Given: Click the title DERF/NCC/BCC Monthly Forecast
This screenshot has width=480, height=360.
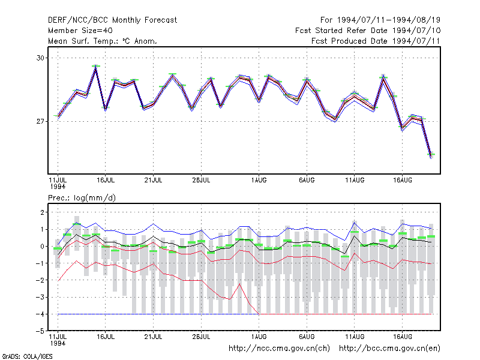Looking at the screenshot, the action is [112, 20].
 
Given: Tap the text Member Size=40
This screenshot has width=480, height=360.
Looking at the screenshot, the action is [80, 31].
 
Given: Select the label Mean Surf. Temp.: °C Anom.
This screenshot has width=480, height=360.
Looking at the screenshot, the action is [103, 41].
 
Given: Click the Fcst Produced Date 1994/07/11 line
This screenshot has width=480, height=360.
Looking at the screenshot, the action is [376, 41].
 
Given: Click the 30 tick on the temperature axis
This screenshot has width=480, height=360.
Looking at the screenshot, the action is [40, 58].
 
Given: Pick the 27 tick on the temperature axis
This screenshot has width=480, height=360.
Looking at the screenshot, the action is [40, 122].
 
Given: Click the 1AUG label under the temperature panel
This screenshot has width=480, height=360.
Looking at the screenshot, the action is [259, 180].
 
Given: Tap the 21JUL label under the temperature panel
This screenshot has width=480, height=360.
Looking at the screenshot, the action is [154, 180].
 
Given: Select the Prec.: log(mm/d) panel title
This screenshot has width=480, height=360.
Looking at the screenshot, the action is [82, 198].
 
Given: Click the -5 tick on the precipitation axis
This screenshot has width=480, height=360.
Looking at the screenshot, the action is [40, 331].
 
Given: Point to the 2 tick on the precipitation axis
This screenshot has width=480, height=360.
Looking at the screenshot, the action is [42, 212].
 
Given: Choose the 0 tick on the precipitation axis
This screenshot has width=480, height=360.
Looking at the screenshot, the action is [42, 246].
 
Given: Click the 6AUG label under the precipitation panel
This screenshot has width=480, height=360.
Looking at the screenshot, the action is [307, 337].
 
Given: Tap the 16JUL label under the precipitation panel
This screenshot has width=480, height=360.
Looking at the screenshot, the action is [106, 337].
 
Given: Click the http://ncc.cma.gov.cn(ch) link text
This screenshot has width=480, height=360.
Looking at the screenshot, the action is [280, 349].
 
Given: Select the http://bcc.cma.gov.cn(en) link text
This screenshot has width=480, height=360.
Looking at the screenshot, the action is [389, 349].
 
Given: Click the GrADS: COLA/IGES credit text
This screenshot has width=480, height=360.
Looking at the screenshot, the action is [27, 356].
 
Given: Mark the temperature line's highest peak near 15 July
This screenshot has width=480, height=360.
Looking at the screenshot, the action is [96, 67].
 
